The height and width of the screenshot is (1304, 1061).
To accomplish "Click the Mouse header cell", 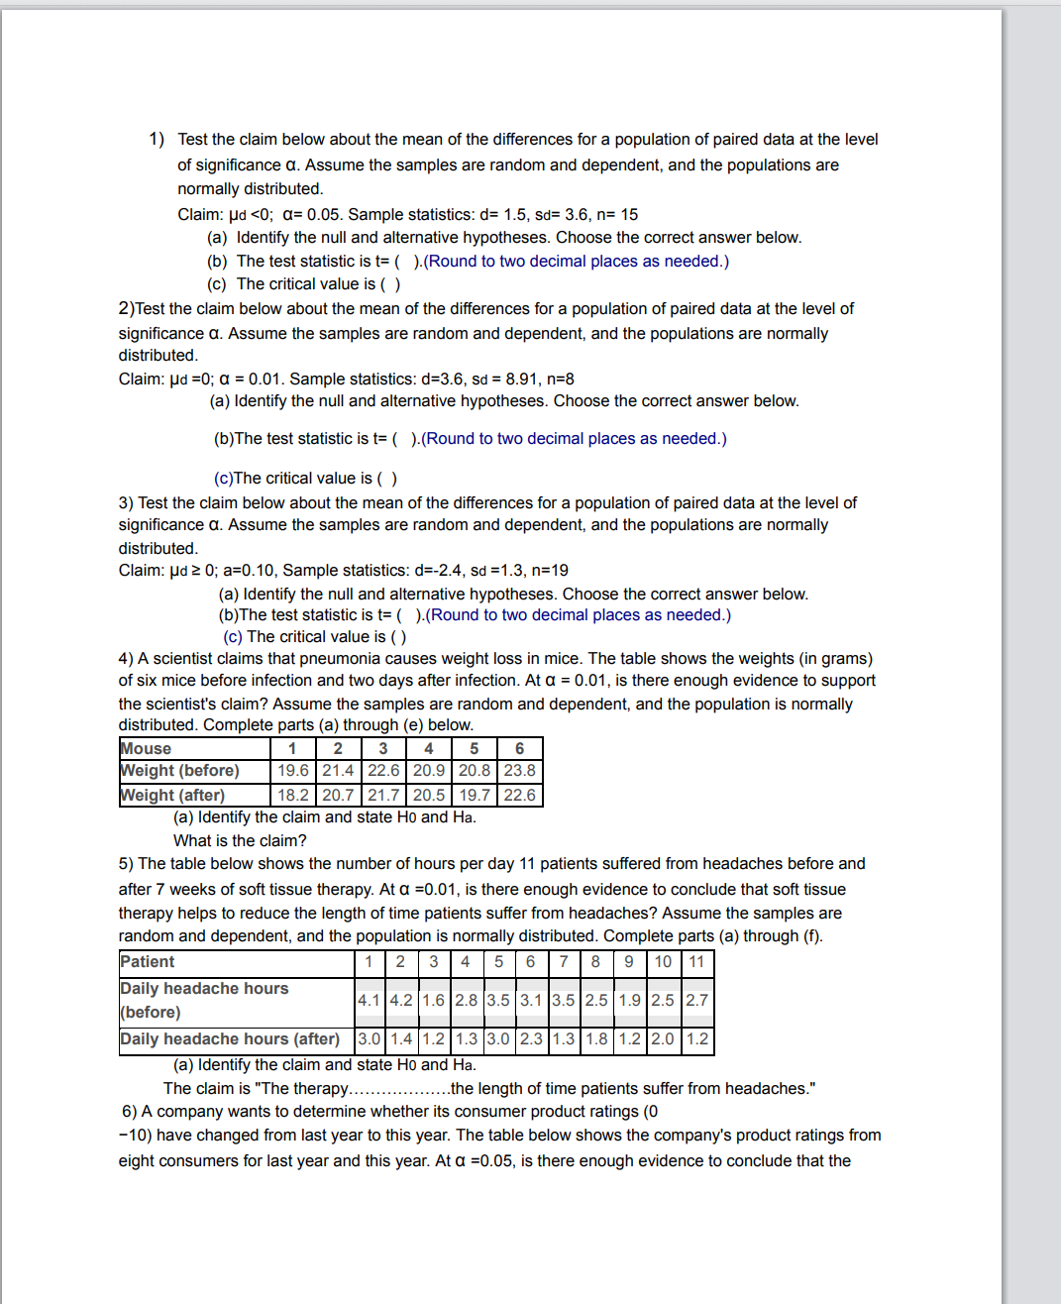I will click(x=146, y=749).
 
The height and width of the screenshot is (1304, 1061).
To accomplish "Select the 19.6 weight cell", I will click(x=293, y=771).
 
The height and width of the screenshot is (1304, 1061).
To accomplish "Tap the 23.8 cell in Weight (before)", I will click(x=519, y=771).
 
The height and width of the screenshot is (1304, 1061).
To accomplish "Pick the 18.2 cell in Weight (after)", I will click(x=293, y=795).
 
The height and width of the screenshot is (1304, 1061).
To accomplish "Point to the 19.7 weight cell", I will click(x=475, y=795).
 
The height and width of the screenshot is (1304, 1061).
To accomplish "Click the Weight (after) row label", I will click(x=172, y=795).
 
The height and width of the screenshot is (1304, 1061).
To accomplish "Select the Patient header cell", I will click(x=147, y=961).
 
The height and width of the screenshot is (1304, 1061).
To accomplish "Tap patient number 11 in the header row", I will click(x=696, y=961).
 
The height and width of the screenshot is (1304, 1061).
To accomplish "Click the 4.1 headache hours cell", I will click(x=369, y=1000).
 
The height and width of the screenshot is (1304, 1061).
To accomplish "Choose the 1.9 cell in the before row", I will click(x=629, y=1000).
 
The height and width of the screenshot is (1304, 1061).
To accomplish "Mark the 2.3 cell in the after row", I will click(x=531, y=1038).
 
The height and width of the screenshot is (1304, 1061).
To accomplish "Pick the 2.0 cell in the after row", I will click(x=663, y=1038).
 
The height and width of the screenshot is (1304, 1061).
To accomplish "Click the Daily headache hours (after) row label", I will click(x=230, y=1038).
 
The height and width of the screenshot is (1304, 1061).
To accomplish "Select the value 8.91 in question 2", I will click(x=521, y=379).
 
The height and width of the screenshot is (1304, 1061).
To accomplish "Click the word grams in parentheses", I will click(x=842, y=659).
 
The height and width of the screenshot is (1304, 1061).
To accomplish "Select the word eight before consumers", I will click(x=135, y=1160).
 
